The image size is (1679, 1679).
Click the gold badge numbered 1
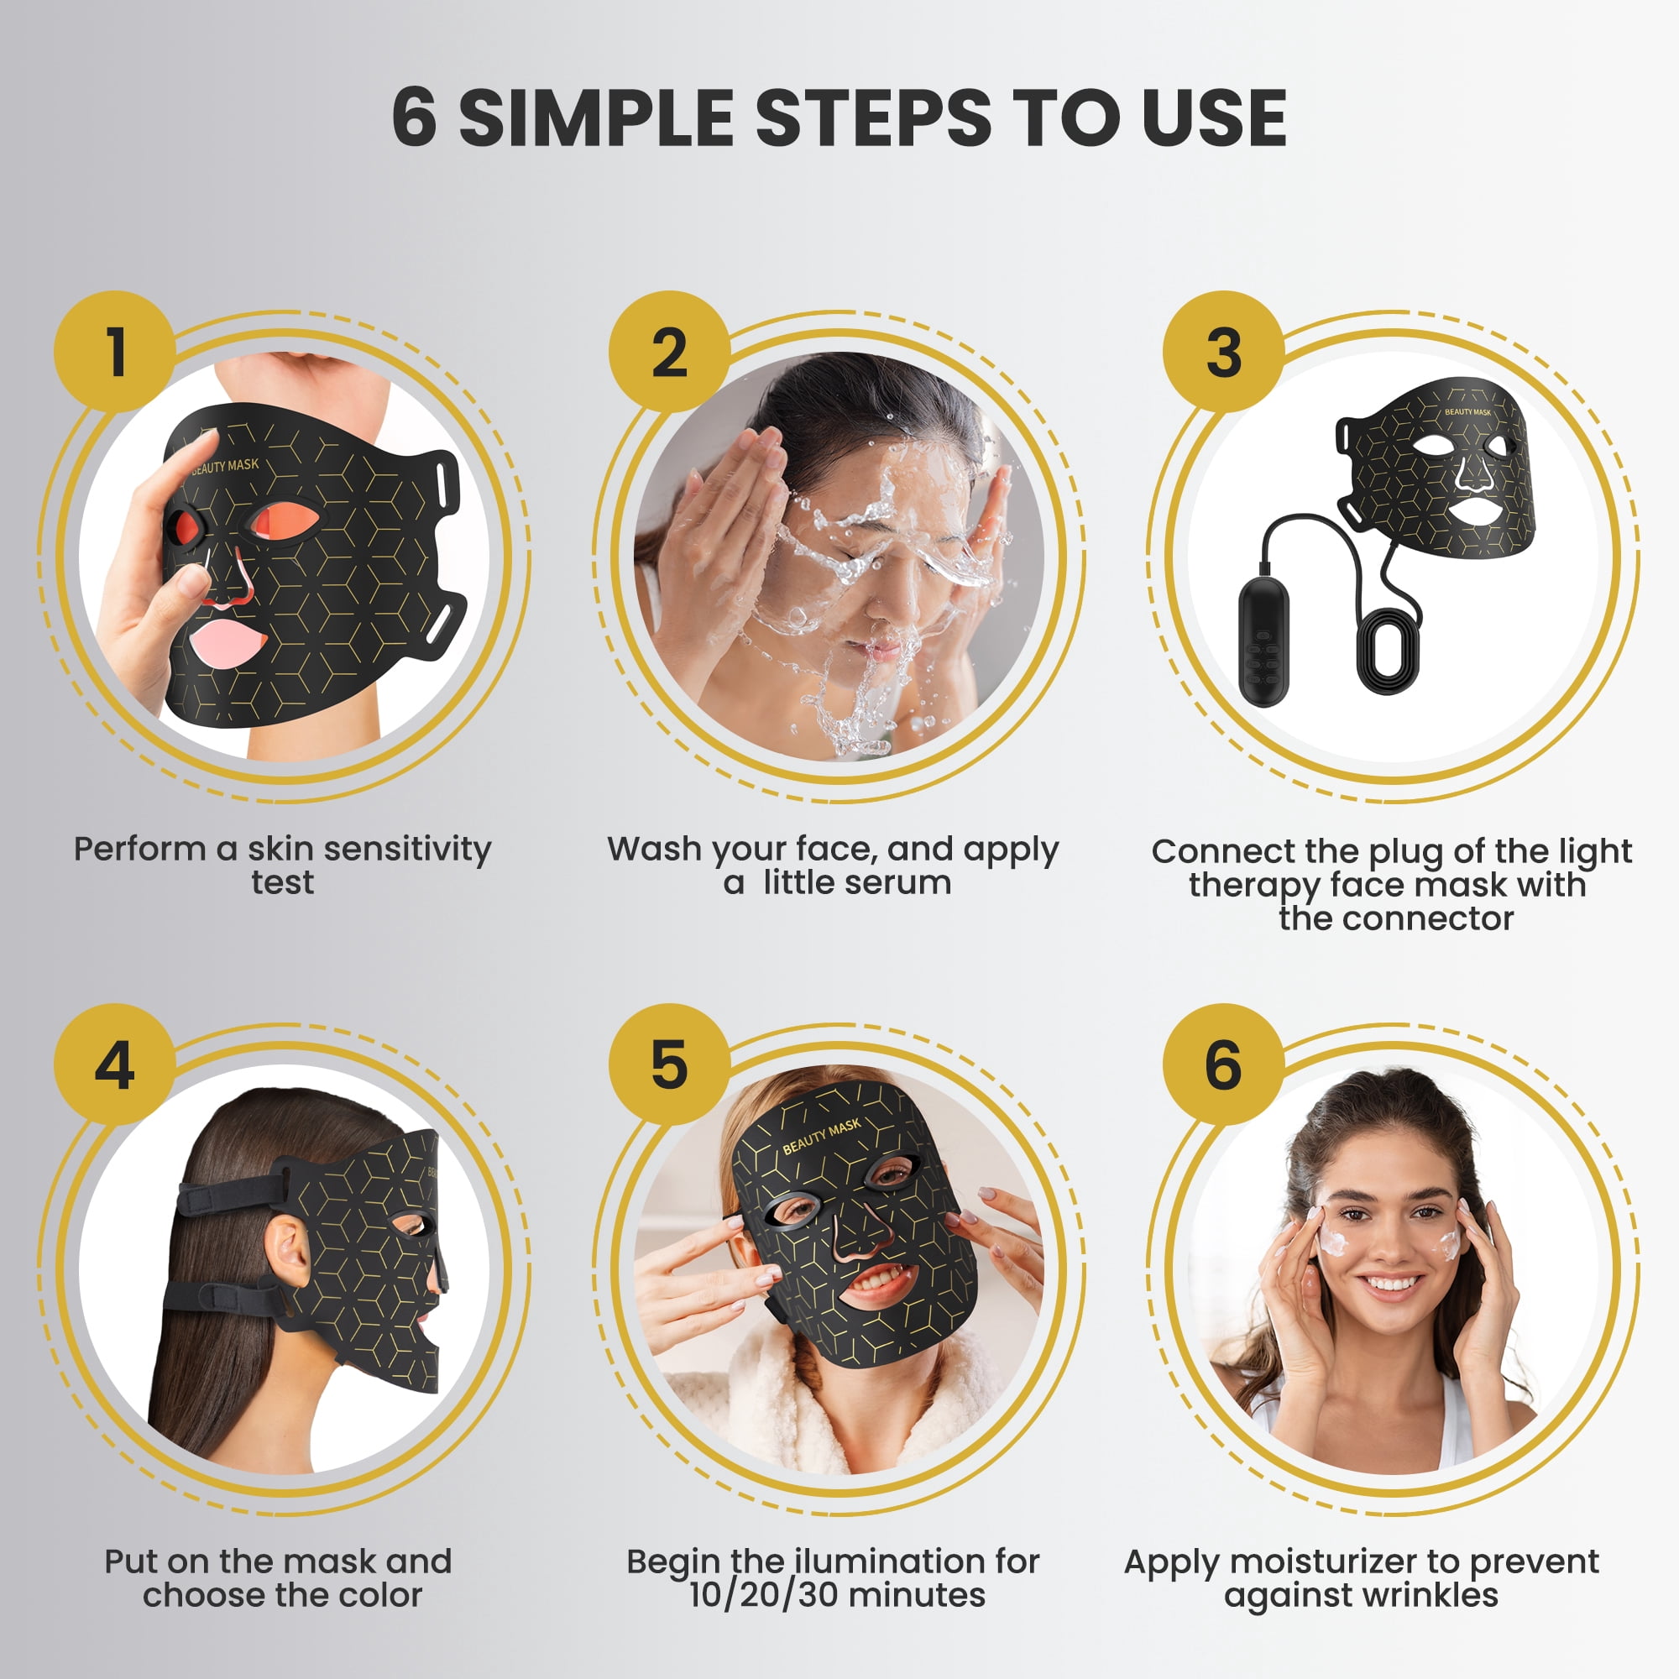click(116, 352)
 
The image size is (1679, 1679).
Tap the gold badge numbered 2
click(669, 352)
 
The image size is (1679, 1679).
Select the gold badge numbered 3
click(1224, 352)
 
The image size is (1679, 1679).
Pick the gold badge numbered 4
click(116, 1064)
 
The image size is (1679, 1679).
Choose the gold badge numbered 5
click(669, 1064)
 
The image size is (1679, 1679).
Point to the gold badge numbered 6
click(1224, 1064)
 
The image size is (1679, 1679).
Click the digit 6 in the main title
click(415, 118)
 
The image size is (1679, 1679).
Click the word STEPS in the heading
click(872, 118)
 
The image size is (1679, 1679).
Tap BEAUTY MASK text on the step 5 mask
click(821, 1137)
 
